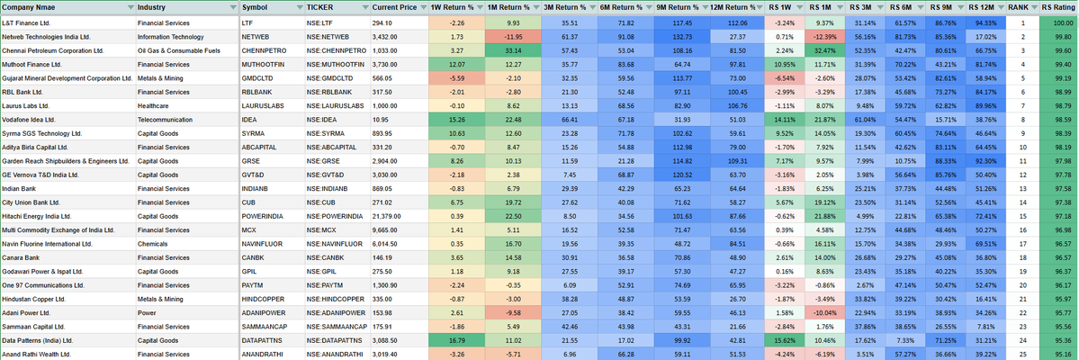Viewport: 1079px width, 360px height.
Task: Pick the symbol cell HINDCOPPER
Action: [x=266, y=299]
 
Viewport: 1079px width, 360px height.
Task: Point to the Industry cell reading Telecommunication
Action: [x=166, y=119]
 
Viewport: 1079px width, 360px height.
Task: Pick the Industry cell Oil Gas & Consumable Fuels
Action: [x=179, y=49]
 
